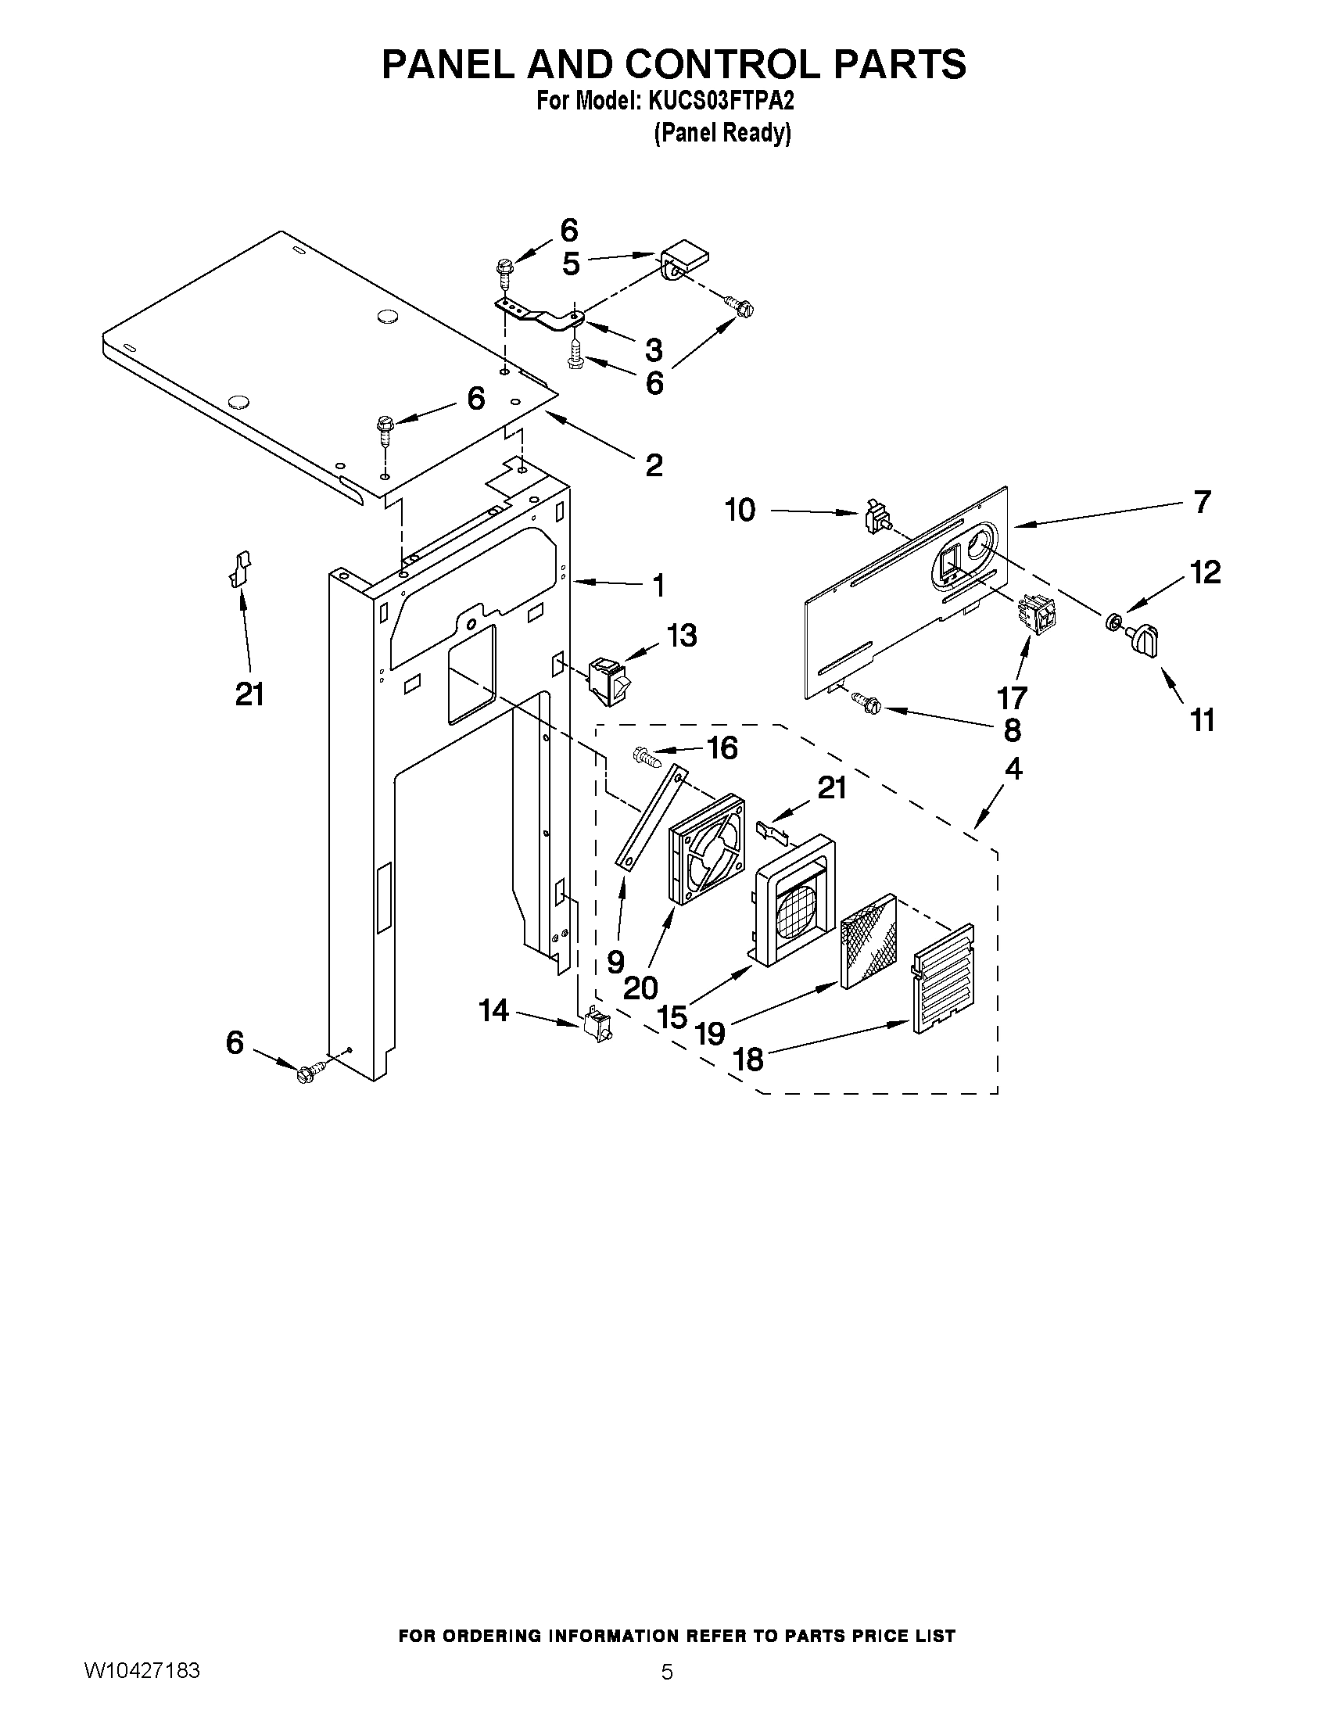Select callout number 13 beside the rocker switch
click(682, 636)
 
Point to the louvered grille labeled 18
click(943, 980)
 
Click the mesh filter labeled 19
click(869, 941)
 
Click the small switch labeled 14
click(598, 1026)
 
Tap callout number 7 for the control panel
click(1202, 502)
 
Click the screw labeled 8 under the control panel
click(869, 701)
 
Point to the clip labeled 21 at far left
click(239, 569)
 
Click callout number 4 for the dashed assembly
click(1014, 769)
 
